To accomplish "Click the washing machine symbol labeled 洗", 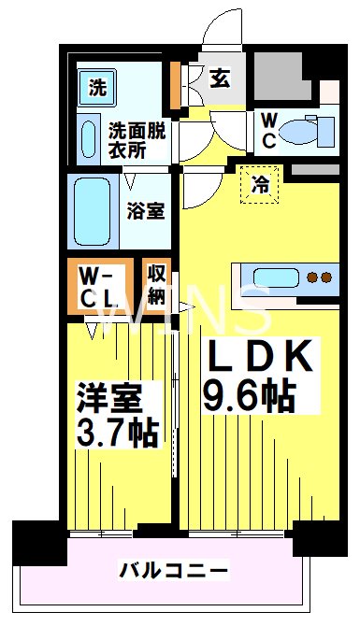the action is (x=97, y=87).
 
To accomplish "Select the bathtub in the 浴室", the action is (x=93, y=211).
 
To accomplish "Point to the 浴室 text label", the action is (x=146, y=211).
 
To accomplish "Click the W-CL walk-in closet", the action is (x=100, y=286).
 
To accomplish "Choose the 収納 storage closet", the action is (x=157, y=285).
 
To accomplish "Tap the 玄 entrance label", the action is (x=220, y=78).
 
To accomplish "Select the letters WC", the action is (x=269, y=131).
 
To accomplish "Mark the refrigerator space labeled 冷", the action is (x=260, y=185).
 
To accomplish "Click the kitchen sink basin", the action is (x=276, y=277).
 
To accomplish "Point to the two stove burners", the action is (x=320, y=277).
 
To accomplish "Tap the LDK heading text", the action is (x=258, y=355).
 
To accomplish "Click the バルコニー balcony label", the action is (x=174, y=571).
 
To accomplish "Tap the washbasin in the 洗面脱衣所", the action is (x=88, y=139).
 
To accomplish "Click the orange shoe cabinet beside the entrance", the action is (x=175, y=85).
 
